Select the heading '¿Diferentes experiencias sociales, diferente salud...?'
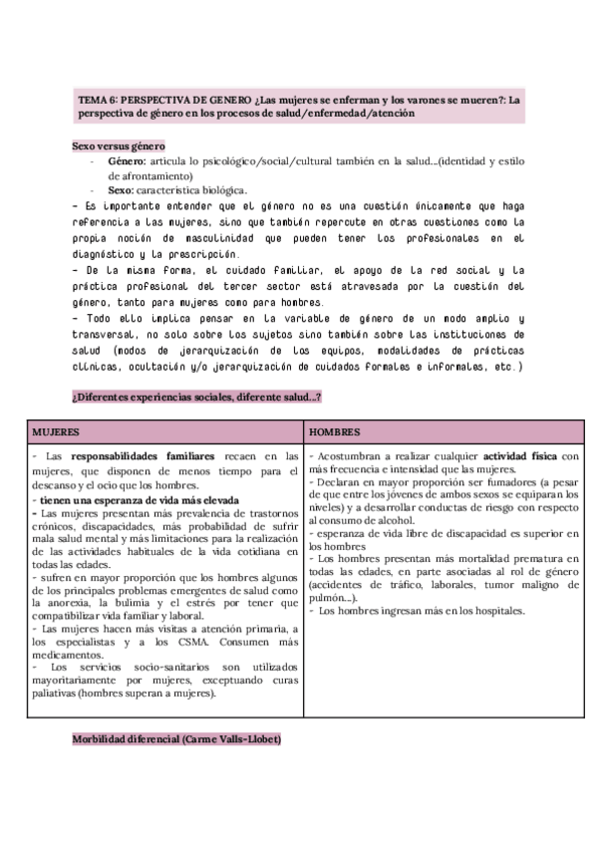196,398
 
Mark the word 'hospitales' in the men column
496,610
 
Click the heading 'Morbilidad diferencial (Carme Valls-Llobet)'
177,740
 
